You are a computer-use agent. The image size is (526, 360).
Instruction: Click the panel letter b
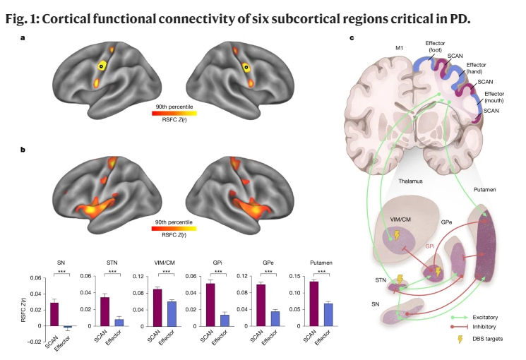click(24, 149)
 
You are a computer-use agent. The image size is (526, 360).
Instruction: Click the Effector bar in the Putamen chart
click(328, 314)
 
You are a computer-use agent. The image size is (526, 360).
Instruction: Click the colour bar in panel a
click(175, 112)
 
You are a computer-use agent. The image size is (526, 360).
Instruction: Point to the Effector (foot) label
click(436, 47)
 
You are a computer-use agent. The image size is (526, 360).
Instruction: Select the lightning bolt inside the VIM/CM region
click(395, 234)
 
